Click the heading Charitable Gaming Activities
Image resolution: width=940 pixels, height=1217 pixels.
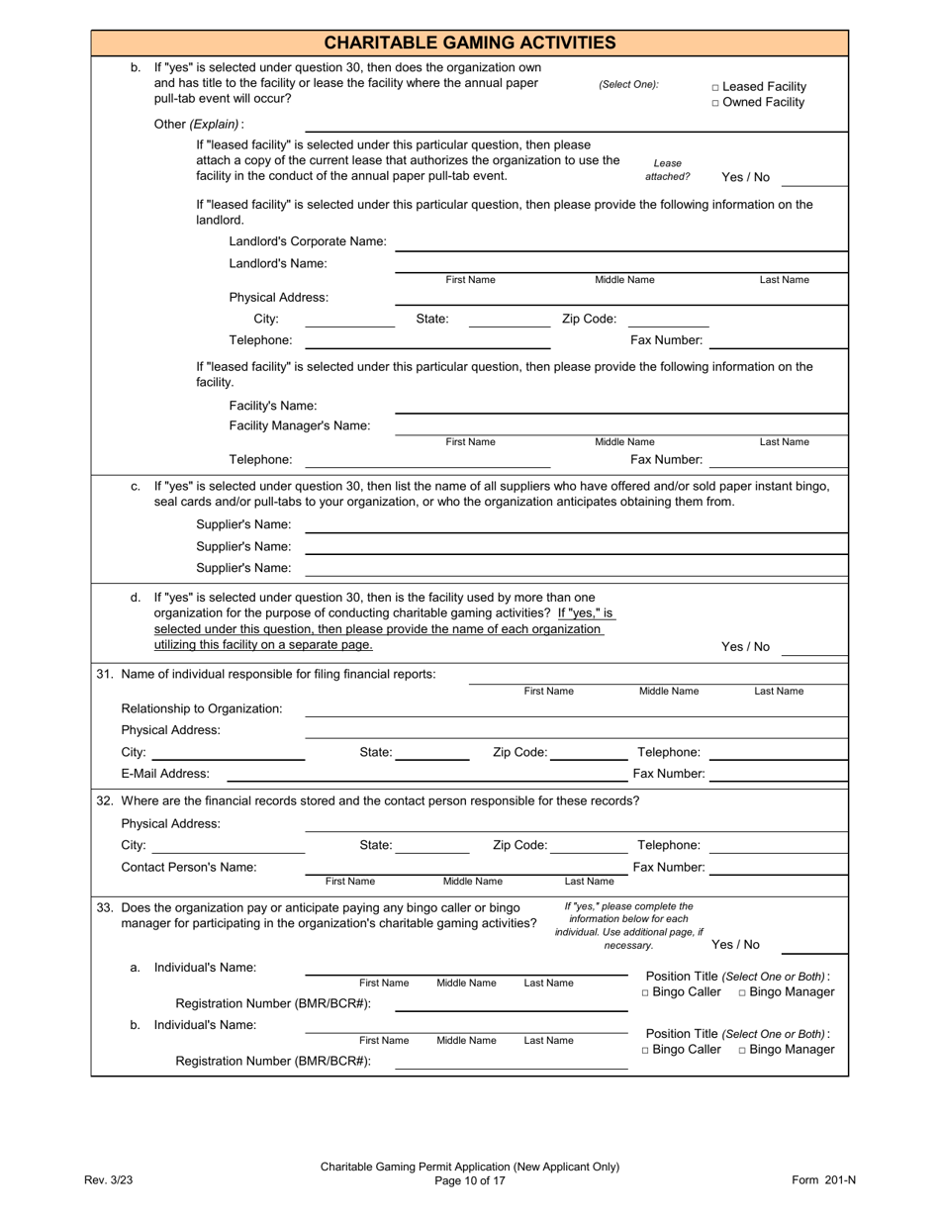pos(470,43)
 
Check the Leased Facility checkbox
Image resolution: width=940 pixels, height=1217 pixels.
pos(715,87)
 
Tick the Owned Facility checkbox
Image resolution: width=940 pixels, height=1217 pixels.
pos(715,103)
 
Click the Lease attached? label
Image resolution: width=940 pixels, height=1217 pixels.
pos(668,170)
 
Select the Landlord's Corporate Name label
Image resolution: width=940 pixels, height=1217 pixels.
pos(308,241)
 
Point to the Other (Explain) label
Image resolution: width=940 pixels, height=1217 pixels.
pos(199,125)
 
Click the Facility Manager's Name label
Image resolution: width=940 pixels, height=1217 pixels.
pos(300,426)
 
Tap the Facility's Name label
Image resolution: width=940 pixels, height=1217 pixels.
pos(273,406)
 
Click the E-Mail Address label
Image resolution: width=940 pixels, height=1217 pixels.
pos(165,774)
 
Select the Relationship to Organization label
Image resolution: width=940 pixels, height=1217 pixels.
pos(202,708)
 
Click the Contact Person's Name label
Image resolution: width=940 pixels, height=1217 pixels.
pos(189,868)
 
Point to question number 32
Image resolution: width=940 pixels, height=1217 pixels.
pos(105,800)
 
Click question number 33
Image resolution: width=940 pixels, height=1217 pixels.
pos(105,907)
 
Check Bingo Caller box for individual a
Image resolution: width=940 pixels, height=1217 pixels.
pos(645,992)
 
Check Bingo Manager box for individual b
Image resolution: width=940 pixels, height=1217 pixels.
pos(743,1050)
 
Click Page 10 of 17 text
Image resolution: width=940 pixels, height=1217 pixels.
pos(470,1180)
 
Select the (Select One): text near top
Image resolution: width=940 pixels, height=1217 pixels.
pos(628,85)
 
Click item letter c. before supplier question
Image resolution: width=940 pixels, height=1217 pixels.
pos(137,486)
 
